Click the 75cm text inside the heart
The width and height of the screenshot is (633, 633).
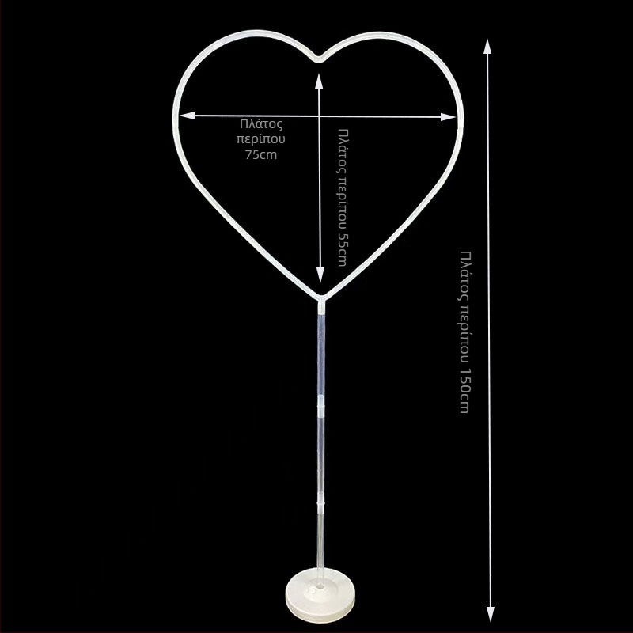pyautogui.click(x=261, y=154)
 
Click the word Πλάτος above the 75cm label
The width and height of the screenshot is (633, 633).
pyautogui.click(x=261, y=123)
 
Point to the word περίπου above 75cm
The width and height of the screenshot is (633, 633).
pyautogui.click(x=261, y=138)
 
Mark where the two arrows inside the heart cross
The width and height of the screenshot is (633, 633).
pyautogui.click(x=320, y=116)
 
